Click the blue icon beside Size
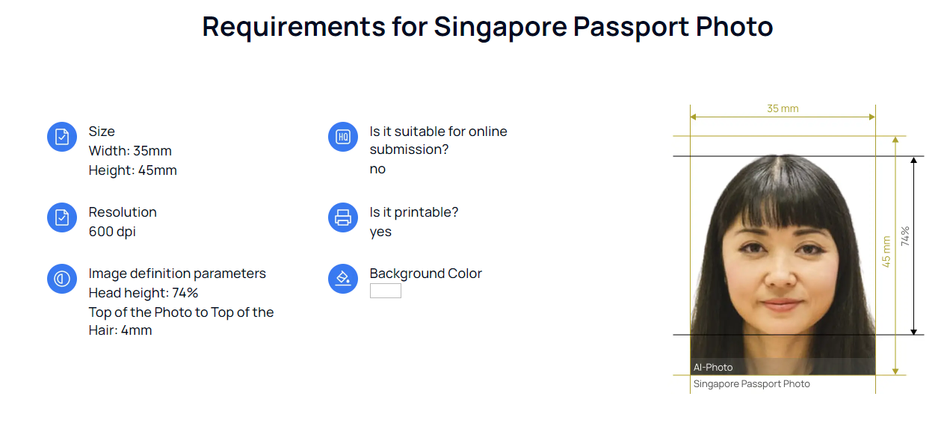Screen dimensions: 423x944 [62, 137]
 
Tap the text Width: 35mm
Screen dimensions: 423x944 [130, 151]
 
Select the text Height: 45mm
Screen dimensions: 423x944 [132, 170]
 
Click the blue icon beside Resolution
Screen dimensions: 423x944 [62, 217]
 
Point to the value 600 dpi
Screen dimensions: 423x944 [112, 232]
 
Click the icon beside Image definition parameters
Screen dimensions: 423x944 [62, 279]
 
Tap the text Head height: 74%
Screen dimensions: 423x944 [144, 293]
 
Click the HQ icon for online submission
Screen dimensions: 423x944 [343, 137]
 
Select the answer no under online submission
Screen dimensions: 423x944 [377, 169]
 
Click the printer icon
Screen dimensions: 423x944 [343, 217]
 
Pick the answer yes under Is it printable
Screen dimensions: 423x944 [380, 232]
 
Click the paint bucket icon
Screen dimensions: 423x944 [343, 279]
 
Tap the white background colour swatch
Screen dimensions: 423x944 [385, 291]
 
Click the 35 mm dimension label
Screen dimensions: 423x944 [783, 109]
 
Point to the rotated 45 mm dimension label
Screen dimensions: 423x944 [886, 252]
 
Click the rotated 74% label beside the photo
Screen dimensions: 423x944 [905, 236]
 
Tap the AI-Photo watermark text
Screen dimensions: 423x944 [713, 367]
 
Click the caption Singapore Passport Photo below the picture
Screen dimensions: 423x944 [751, 384]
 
